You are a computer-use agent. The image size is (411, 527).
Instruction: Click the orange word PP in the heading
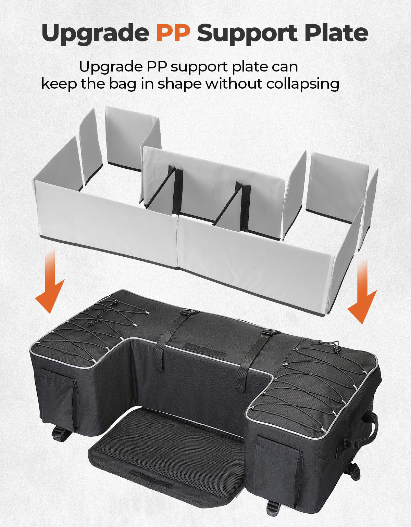coord(173,33)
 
